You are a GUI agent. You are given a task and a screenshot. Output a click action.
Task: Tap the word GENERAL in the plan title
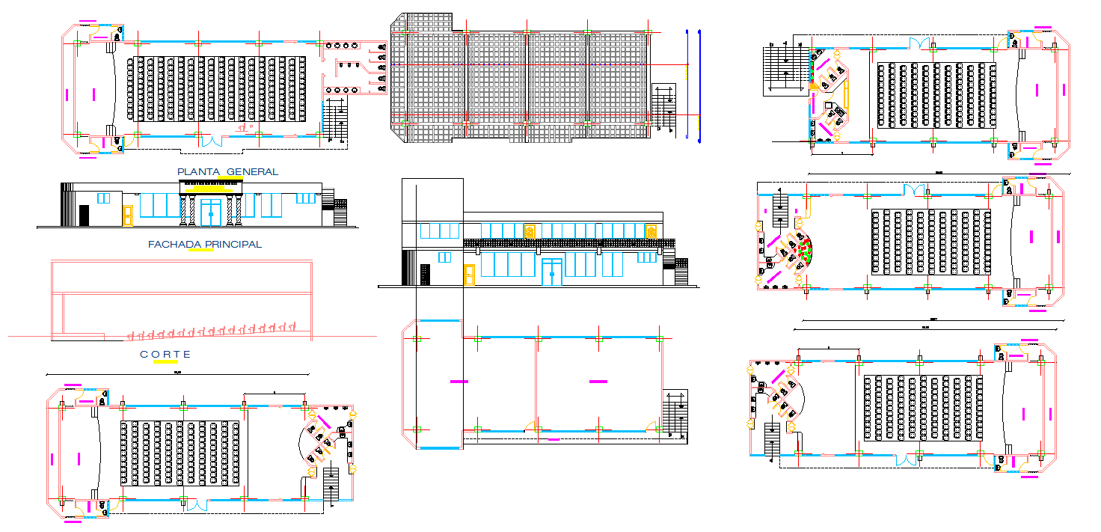pyautogui.click(x=252, y=172)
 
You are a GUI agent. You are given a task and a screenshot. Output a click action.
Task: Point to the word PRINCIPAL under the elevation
pyautogui.click(x=233, y=244)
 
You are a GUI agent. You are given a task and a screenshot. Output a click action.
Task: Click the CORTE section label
pyautogui.click(x=165, y=355)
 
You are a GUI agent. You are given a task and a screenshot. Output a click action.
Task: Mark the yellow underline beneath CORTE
pyautogui.click(x=165, y=362)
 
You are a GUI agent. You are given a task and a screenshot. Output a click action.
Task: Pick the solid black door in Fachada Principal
pyautogui.click(x=84, y=215)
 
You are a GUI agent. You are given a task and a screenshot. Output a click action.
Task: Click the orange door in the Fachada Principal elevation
pyautogui.click(x=127, y=215)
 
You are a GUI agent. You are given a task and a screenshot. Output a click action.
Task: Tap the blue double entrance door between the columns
pyautogui.click(x=211, y=212)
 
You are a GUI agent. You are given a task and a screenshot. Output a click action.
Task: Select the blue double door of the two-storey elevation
pyautogui.click(x=552, y=272)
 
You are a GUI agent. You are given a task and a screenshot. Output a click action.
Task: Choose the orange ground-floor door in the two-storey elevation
pyautogui.click(x=469, y=275)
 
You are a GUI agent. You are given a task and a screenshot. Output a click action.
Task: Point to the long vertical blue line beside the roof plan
pyautogui.click(x=699, y=86)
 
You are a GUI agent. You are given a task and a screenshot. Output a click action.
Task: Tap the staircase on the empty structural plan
pyautogui.click(x=675, y=414)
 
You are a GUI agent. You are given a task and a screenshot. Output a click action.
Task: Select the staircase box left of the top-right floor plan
pyautogui.click(x=785, y=70)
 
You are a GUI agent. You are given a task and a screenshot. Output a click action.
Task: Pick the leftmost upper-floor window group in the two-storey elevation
pyautogui.click(x=439, y=231)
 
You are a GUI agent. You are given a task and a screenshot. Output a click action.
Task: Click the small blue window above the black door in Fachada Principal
pyautogui.click(x=103, y=198)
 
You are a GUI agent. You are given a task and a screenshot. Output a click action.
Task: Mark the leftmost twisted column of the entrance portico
pyautogui.click(x=183, y=211)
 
